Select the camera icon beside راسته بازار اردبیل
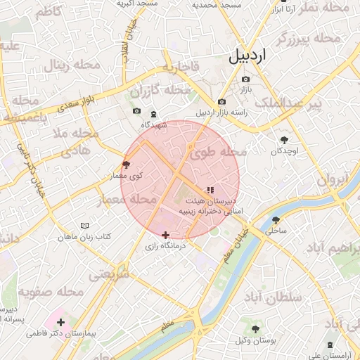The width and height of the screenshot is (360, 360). (x=222, y=102)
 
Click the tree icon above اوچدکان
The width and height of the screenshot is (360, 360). (x=284, y=140)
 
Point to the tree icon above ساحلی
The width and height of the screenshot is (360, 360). (x=276, y=219)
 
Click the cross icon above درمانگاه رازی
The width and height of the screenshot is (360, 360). (x=165, y=236)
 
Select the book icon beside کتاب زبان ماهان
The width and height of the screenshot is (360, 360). (x=86, y=226)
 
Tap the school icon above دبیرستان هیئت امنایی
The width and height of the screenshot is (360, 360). (x=209, y=190)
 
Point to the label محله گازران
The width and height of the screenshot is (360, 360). (x=162, y=91)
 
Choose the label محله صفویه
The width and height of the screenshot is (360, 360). (x=51, y=291)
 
